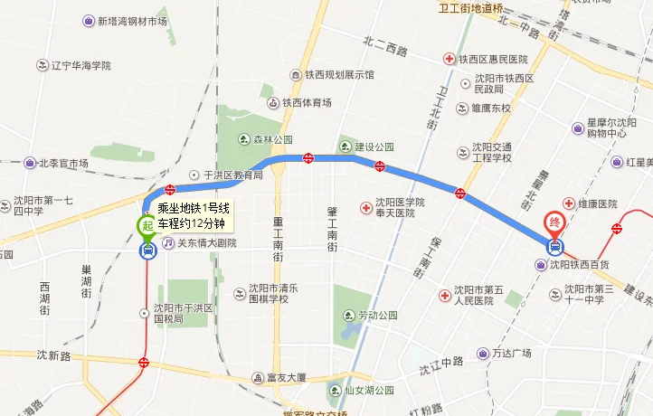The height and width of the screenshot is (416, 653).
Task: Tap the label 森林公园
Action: point(272,140)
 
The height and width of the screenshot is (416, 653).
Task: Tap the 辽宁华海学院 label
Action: point(80,65)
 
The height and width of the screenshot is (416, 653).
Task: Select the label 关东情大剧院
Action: point(205,243)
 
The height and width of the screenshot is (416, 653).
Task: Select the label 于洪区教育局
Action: point(232,175)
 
